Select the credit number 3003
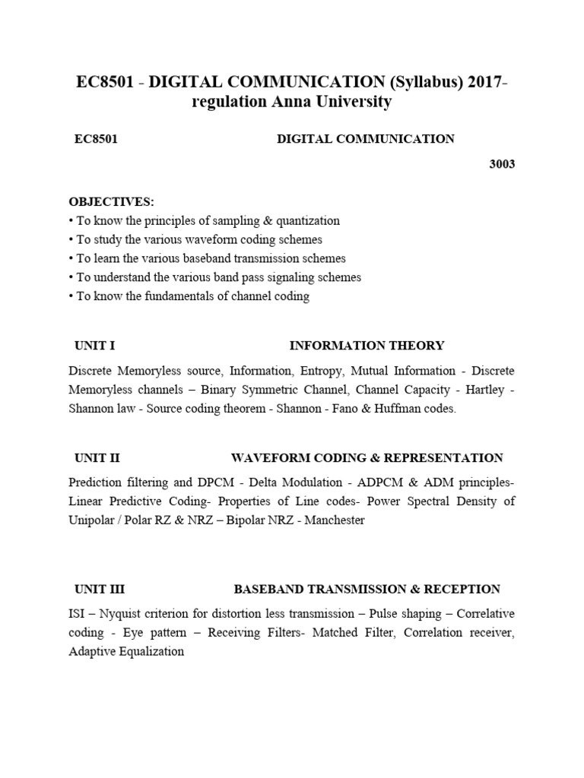pos(501,164)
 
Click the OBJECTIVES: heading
pos(111,202)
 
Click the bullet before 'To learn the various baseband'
pos(71,259)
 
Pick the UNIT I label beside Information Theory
pos(94,346)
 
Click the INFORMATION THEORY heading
pos(367,346)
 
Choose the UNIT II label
pos(97,458)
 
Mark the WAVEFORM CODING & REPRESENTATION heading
pos(367,458)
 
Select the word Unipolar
pos(93,520)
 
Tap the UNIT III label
pos(99,589)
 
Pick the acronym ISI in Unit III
pos(77,613)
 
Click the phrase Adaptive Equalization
pos(126,651)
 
